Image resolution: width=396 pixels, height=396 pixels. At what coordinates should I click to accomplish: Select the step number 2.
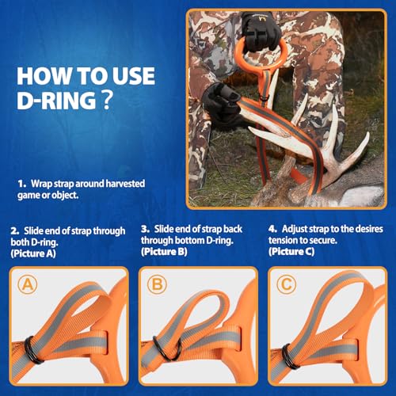coord(13,230)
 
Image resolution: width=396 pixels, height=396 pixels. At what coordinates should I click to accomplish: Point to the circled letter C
coord(284,284)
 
